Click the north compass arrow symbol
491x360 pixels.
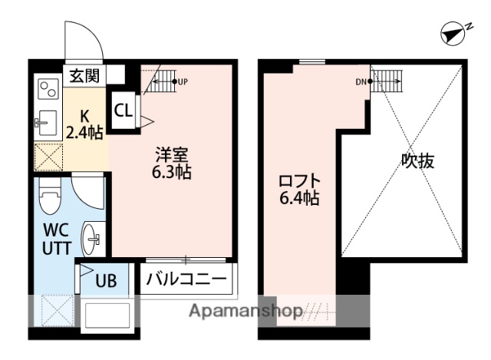click(455, 31)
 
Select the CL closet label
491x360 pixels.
click(123, 109)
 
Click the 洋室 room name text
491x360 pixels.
click(170, 154)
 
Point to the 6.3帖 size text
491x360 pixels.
click(170, 172)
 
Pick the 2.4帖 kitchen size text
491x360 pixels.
click(84, 132)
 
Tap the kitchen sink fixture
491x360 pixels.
click(44, 121)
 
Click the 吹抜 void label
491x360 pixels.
click(418, 161)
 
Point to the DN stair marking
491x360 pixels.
click(361, 81)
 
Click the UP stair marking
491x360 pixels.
click(183, 81)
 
